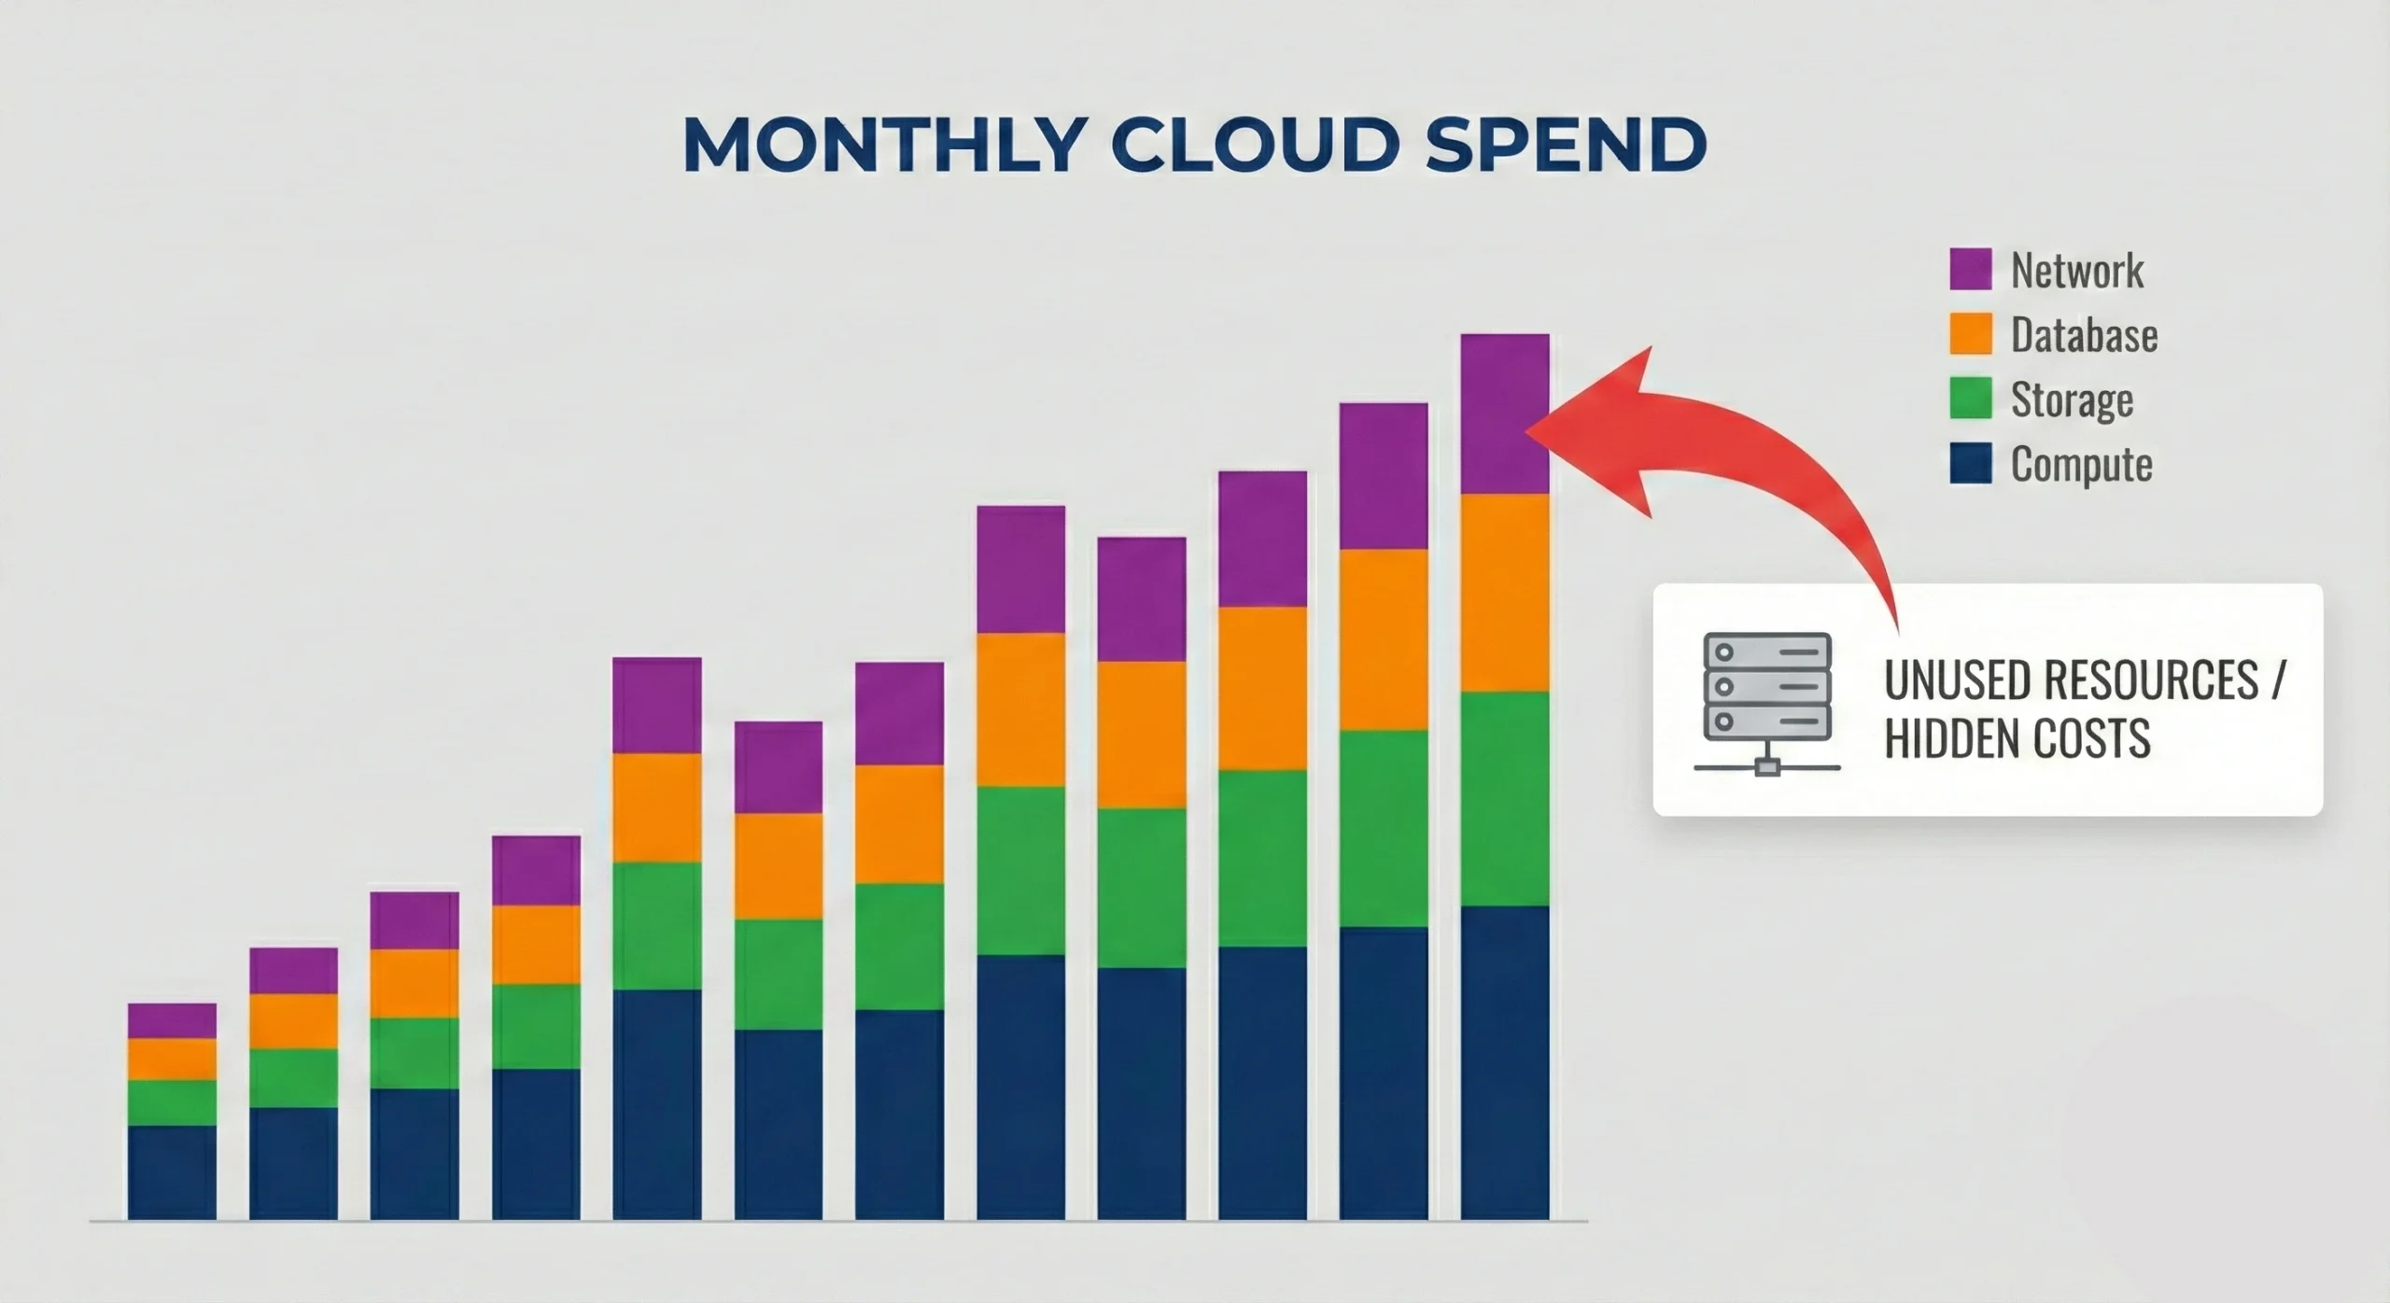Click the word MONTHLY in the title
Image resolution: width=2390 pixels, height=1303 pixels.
point(883,145)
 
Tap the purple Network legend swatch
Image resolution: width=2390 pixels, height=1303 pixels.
point(1970,269)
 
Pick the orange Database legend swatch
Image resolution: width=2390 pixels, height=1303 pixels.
point(1970,333)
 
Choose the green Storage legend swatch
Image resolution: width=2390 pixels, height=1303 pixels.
point(1970,398)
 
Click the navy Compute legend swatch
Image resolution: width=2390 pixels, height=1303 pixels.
point(1970,462)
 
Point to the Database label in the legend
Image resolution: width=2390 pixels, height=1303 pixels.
point(2084,334)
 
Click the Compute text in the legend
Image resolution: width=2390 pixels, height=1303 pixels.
point(2082,465)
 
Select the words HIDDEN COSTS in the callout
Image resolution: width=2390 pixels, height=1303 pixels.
point(2017,737)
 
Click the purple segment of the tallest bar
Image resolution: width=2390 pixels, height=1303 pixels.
point(1505,413)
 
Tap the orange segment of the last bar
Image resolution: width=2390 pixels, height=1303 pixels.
point(1505,593)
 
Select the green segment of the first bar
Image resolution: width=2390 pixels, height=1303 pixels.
point(172,1102)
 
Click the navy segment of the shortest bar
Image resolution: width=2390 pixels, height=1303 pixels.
point(172,1172)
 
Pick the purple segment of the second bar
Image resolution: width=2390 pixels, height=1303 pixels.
point(293,971)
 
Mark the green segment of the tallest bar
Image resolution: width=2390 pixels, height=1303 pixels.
point(1505,799)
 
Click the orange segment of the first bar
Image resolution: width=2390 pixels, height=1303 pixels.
point(172,1059)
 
